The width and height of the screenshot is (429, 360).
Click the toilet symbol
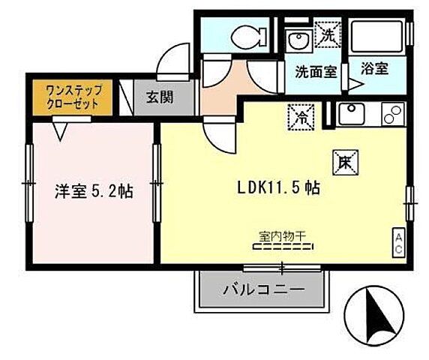point(246,35)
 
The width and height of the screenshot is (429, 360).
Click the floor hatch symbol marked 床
point(343,161)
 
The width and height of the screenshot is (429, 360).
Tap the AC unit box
point(399,242)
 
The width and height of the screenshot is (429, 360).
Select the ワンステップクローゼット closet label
point(73,97)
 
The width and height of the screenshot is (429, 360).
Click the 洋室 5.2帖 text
point(94,190)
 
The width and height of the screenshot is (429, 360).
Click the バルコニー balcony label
point(262,289)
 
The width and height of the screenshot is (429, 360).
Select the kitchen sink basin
point(351,114)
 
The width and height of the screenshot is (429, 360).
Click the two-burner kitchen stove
point(392,114)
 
